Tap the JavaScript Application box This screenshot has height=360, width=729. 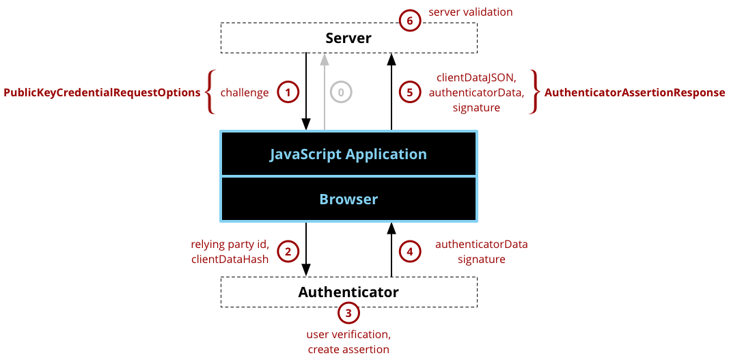[x=348, y=154]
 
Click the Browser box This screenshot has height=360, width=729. [x=348, y=199]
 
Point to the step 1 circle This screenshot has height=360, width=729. [x=288, y=92]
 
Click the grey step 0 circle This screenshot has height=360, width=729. [x=341, y=92]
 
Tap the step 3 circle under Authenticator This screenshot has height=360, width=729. [x=348, y=314]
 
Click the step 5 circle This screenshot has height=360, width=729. [x=409, y=92]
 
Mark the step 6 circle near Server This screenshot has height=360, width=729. [x=409, y=21]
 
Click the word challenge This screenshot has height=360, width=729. [x=245, y=92]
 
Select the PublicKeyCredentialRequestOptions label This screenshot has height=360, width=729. [x=102, y=92]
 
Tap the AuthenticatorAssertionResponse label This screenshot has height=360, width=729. [x=635, y=92]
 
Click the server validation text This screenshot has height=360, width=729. [x=470, y=12]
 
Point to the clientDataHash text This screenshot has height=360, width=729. [x=230, y=260]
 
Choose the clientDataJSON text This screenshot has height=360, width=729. [x=476, y=78]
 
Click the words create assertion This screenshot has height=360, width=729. [x=348, y=350]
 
